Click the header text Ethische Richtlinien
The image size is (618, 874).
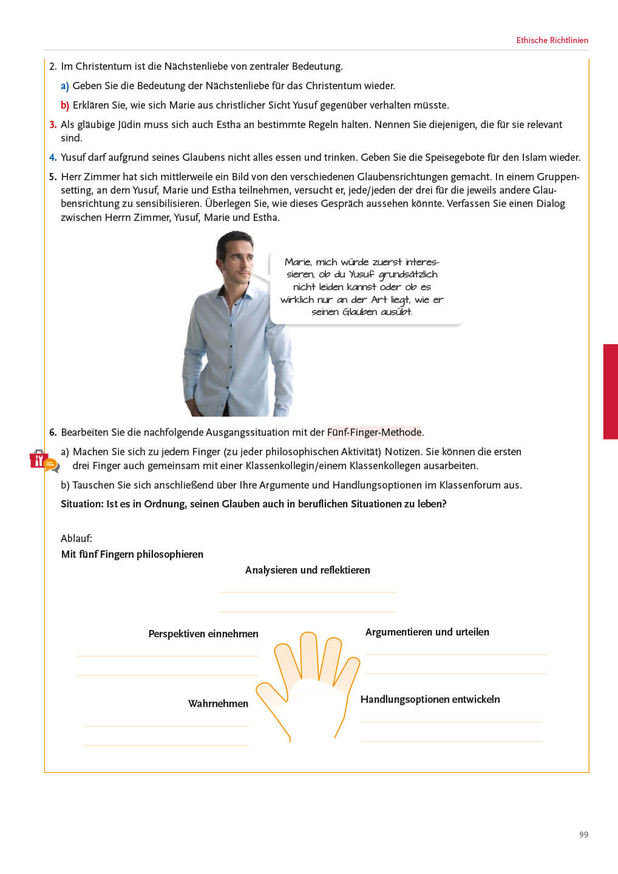(552, 41)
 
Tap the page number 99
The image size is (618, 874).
(583, 835)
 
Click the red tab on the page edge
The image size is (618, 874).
(610, 391)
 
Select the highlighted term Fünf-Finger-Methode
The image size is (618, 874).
(374, 433)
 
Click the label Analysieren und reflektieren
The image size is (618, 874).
(307, 571)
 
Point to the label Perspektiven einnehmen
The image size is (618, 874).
(203, 634)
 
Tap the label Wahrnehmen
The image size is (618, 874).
(218, 704)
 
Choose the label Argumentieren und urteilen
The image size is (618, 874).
(427, 632)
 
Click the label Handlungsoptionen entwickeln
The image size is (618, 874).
(430, 700)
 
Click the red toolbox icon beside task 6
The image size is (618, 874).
(39, 460)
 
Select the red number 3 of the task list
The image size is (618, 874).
(53, 125)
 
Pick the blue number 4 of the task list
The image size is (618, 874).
(53, 158)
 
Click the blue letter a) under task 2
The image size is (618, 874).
(64, 86)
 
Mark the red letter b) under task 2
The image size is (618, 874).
(64, 106)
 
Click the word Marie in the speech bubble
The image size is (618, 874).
(297, 262)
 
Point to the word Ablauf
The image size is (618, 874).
(76, 539)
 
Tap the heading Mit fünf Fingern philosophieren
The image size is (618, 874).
(132, 555)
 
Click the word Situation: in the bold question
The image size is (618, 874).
(82, 504)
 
